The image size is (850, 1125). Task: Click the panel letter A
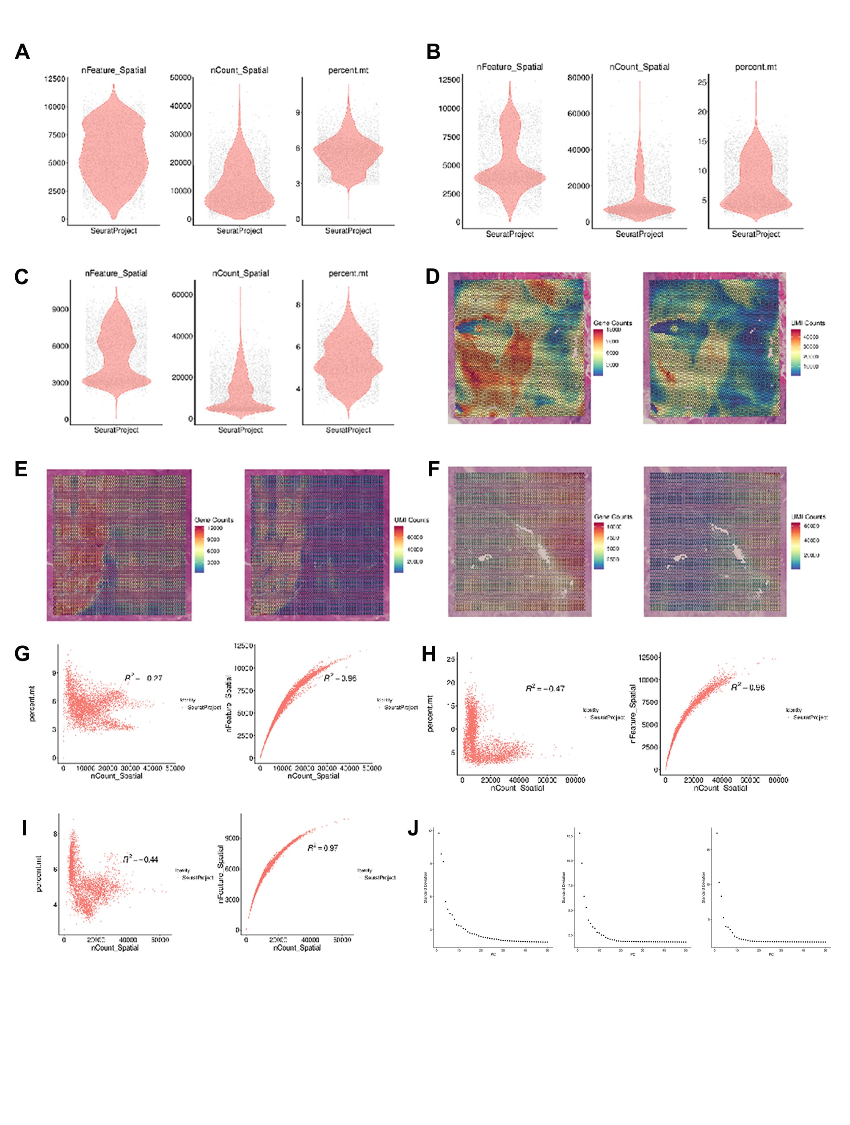point(22,52)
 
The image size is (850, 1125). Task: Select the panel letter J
point(413,828)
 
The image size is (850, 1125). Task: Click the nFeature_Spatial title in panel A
point(113,70)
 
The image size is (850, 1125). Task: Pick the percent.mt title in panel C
point(348,273)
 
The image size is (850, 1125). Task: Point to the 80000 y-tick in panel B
point(579,77)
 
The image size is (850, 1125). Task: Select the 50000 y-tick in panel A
point(180,77)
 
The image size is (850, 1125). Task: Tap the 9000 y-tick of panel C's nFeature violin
point(60,309)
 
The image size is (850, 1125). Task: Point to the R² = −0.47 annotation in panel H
point(545,688)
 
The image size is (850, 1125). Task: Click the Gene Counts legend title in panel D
point(613,323)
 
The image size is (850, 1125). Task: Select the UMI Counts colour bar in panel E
point(399,549)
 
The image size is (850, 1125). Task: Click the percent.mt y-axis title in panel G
point(33,702)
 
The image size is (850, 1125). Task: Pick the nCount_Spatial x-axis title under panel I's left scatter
point(115,948)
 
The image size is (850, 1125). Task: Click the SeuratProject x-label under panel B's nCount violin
point(639,235)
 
